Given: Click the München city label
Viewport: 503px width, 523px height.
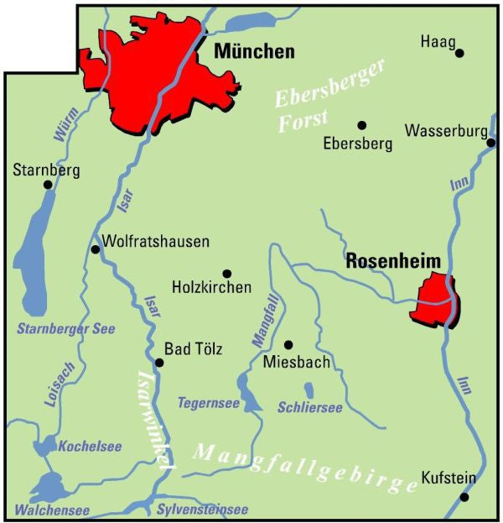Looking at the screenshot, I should point(255,52).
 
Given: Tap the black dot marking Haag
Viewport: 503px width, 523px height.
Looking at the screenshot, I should point(459,53).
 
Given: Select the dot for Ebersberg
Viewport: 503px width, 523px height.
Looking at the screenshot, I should point(362,125).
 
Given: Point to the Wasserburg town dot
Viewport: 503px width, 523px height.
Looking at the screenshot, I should point(490,143).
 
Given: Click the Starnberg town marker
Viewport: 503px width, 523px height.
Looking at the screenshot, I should point(47,185).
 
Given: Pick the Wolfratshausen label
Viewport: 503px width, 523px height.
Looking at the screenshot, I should point(155,242).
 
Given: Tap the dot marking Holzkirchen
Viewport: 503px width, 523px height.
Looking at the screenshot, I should point(226,273).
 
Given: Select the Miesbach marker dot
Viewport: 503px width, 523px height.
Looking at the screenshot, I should point(288,344).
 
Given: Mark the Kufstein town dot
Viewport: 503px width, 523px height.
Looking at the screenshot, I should point(465,496).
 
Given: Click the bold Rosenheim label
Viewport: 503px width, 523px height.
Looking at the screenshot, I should point(393,263).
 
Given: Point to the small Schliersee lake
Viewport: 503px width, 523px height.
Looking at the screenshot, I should point(309,390).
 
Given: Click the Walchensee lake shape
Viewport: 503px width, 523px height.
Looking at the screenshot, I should point(49,486).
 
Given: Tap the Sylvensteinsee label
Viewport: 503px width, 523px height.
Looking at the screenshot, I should point(202,510).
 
